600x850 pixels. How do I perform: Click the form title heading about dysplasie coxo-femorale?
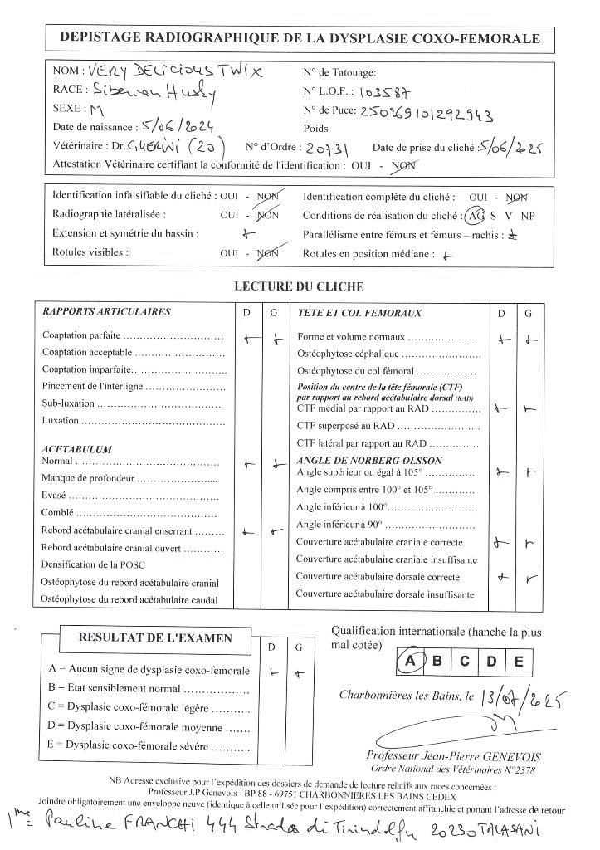300,38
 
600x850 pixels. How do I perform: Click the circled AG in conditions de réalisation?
476,215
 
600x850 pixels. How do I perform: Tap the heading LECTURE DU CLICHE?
300,286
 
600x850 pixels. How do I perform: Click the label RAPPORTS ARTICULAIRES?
106,312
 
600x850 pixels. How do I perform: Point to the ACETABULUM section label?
76,449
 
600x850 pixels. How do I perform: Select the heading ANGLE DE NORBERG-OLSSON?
369,460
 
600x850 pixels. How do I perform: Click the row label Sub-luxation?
68,404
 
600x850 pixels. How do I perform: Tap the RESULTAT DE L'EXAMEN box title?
155,638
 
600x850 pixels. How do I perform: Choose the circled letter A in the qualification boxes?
408,662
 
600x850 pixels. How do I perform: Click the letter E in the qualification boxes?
518,662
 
